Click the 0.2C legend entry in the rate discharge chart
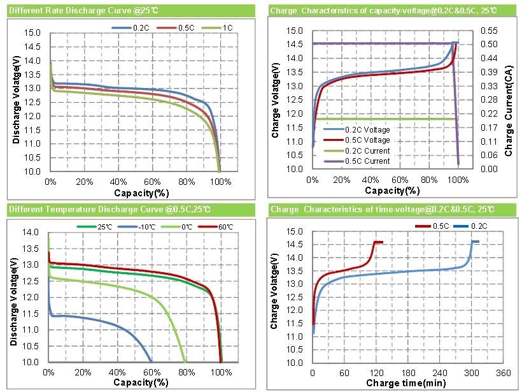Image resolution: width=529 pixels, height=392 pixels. click(x=139, y=28)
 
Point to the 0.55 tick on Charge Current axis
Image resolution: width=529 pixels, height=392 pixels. click(x=488, y=31)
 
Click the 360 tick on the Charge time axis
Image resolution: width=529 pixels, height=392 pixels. click(x=503, y=372)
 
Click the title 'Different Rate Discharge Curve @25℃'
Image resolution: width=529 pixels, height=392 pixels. click(x=71, y=11)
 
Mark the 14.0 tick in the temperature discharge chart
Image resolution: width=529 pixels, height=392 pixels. click(x=31, y=232)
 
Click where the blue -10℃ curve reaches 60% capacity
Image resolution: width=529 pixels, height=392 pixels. click(x=152, y=361)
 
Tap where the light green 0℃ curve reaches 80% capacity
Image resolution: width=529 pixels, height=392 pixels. click(x=186, y=361)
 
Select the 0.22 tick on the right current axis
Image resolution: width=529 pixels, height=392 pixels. click(x=488, y=113)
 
